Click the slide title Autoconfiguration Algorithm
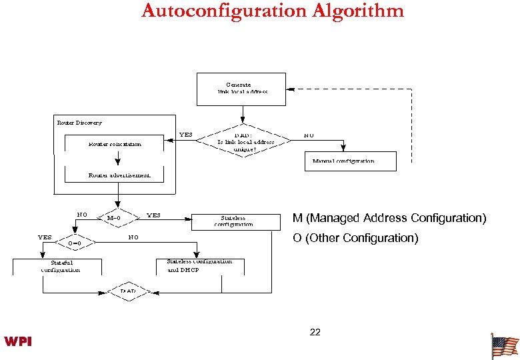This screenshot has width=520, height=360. coord(273,11)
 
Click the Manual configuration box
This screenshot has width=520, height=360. coord(349,161)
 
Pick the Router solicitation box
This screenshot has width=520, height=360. coord(115,144)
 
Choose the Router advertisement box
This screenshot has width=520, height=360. coord(119,175)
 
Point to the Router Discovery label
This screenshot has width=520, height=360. coord(79,123)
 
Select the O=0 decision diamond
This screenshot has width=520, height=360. coord(75,243)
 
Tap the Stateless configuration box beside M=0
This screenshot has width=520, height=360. coord(233,221)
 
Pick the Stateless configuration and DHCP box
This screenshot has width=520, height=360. coord(199,266)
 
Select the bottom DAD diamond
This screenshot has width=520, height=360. coord(127,292)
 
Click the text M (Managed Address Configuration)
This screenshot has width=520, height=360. coord(389,219)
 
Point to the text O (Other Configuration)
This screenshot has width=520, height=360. coord(355,239)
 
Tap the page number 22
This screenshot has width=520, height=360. coord(315,332)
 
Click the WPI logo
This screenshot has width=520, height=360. coord(18,342)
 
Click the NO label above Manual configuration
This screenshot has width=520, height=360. coord(309,135)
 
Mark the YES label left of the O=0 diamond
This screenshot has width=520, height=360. coord(45,237)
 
